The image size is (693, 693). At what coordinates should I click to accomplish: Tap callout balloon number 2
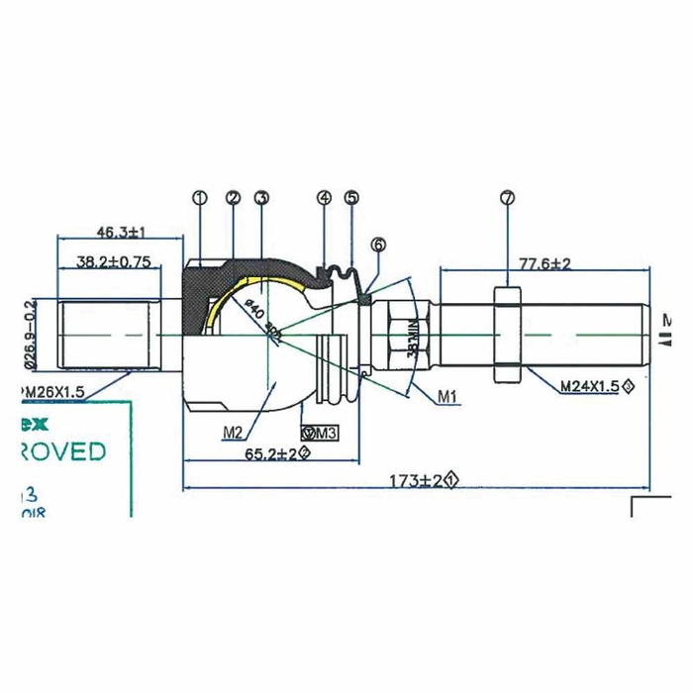[233, 197]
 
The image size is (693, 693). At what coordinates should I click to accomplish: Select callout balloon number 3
[261, 197]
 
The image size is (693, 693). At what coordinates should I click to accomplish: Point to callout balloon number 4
[324, 197]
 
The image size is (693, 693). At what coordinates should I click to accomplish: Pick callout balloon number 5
[351, 197]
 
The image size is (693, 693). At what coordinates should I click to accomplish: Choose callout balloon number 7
[507, 197]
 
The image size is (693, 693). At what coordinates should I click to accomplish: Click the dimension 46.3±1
[121, 232]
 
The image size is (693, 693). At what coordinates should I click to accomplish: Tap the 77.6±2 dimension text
[544, 262]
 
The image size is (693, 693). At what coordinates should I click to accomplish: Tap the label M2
[234, 432]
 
